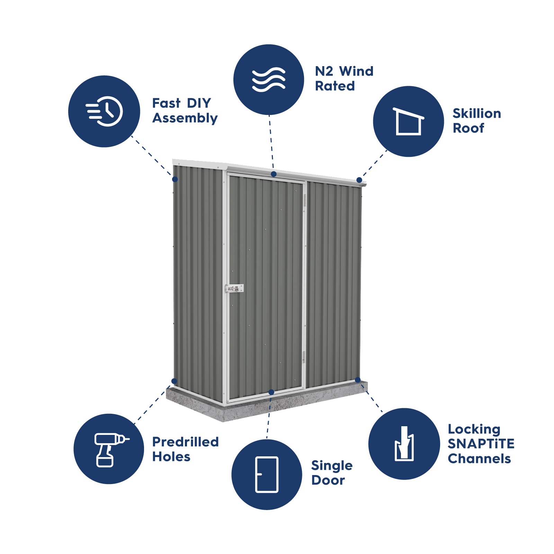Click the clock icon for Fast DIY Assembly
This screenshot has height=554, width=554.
pos(105,111)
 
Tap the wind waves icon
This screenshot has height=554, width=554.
pos(269,80)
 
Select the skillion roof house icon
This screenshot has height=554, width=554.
pos(409,121)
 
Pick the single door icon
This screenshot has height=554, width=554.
pos(267,474)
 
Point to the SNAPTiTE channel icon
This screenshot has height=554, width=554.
pos(404,444)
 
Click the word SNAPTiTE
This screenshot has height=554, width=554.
pos(481,444)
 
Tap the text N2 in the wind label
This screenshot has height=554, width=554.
pos(324,71)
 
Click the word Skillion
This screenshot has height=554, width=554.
pos(477,114)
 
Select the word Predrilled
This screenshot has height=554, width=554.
pos(186,442)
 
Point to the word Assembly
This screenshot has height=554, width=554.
pos(185,118)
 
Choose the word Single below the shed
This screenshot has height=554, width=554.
pos(332,466)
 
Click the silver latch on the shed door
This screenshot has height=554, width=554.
pos(234,288)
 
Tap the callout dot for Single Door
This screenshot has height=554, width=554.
pos(271,392)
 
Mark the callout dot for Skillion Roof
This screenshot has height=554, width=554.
pos(359,180)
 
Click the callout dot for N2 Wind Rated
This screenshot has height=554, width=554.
pos(274,174)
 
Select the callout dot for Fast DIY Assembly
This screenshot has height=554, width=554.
pos(175,179)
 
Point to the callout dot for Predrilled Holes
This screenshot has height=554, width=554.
pos(175,381)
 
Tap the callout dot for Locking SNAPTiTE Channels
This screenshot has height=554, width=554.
pos(358,380)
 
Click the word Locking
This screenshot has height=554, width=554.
pos(474,429)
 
